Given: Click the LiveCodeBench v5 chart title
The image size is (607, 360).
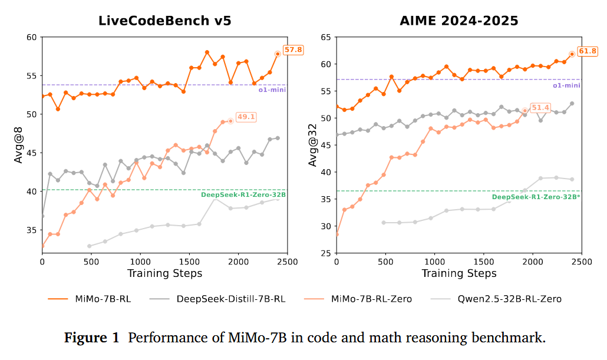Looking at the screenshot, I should tap(164, 21).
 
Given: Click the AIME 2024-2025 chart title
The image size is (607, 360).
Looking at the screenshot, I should tap(458, 21).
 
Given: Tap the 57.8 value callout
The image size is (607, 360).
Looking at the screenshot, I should tap(293, 50).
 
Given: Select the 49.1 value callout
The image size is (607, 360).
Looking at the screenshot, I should tap(245, 117).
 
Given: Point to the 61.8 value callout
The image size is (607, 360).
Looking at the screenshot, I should tap(588, 51).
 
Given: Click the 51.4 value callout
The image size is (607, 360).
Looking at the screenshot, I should tap(540, 108).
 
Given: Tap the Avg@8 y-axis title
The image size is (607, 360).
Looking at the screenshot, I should tap(18, 145).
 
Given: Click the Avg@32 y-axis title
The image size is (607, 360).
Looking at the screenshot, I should tap(312, 145).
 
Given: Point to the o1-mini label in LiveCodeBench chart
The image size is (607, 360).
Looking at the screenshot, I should tap(272, 90).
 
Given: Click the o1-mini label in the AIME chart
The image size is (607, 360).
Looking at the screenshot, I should tap(566, 85).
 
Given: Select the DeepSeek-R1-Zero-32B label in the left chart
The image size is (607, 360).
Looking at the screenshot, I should tap(243, 194).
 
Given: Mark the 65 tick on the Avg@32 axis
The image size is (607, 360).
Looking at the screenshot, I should tap(325, 37).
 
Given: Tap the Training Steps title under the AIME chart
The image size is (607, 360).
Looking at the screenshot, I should tap(459, 273).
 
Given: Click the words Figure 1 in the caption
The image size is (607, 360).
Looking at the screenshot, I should tap(91, 338).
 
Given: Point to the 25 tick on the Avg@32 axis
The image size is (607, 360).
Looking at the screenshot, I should tap(325, 253).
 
